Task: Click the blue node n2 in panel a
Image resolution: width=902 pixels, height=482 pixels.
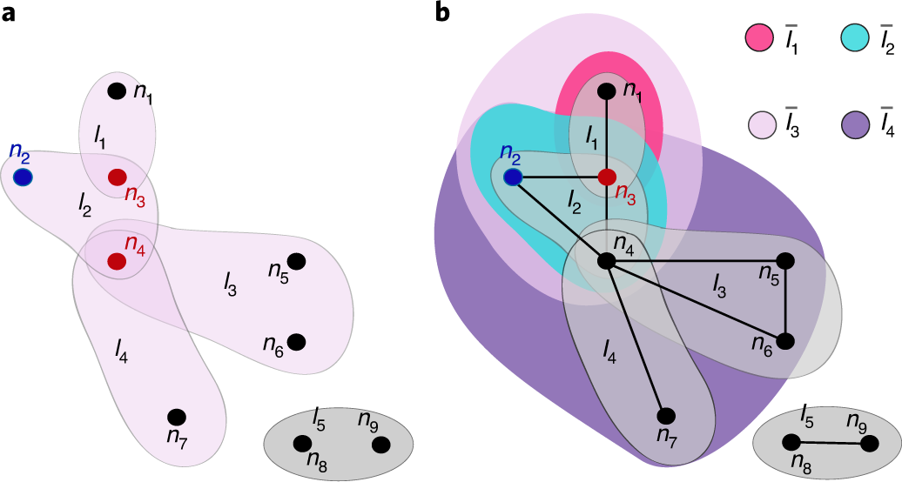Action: click(x=23, y=177)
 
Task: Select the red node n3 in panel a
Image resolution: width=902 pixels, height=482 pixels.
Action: click(x=117, y=177)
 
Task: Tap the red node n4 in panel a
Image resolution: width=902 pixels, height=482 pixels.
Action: click(x=116, y=260)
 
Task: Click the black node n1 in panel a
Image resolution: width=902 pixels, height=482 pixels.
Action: click(x=116, y=90)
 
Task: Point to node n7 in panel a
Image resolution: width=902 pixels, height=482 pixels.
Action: click(x=177, y=417)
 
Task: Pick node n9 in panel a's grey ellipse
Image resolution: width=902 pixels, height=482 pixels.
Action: click(x=380, y=445)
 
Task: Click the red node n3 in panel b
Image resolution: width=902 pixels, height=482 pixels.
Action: click(x=607, y=177)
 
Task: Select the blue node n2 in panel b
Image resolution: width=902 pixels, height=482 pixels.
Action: click(x=514, y=177)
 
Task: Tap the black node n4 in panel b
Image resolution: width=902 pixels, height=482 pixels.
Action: click(x=607, y=260)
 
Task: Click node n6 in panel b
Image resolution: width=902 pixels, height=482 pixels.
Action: click(x=785, y=341)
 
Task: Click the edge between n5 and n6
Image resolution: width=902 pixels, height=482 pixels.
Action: click(x=785, y=301)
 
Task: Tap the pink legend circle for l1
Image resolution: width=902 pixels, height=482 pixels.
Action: click(x=759, y=37)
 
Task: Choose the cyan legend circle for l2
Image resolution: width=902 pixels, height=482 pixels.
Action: click(x=856, y=37)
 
